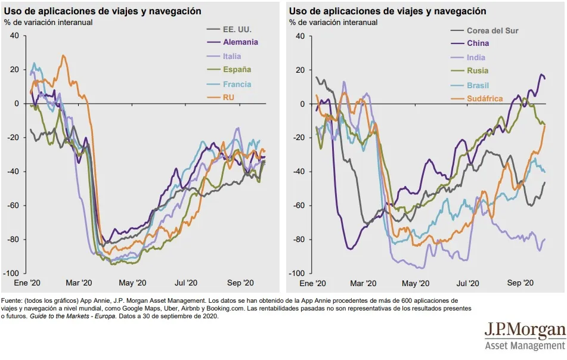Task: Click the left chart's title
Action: pos(103,11)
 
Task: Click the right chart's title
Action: pos(388,11)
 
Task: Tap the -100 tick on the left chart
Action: pos(11,273)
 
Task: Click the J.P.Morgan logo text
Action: pos(524,330)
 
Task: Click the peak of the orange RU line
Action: pos(63,55)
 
